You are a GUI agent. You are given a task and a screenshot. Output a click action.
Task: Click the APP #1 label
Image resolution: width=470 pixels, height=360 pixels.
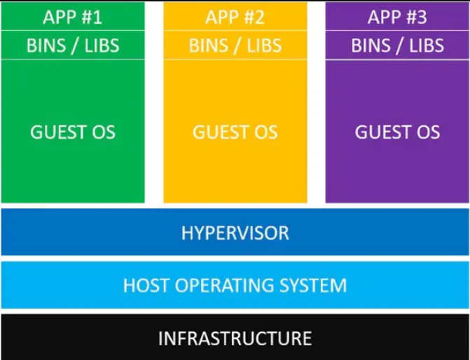click(73, 17)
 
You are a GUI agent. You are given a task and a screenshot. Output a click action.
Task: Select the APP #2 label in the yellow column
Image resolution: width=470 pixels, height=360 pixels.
click(235, 17)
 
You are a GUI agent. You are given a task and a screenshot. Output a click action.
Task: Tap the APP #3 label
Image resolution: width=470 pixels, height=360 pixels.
click(397, 17)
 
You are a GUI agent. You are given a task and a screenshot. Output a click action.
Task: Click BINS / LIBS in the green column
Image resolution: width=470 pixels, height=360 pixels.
click(73, 46)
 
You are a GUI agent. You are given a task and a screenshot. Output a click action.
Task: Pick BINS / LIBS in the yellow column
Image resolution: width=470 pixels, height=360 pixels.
click(235, 46)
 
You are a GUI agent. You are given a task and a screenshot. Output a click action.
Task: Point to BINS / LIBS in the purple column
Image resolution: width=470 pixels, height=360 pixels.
click(397, 46)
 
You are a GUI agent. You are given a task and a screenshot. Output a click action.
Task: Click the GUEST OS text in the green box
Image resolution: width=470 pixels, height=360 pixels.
click(73, 132)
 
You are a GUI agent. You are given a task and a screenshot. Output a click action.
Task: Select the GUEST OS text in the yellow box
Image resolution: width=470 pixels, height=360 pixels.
click(235, 132)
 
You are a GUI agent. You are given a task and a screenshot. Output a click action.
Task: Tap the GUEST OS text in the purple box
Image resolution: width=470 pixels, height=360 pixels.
click(397, 132)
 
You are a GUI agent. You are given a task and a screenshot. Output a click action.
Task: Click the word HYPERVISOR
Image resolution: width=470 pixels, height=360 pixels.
click(235, 233)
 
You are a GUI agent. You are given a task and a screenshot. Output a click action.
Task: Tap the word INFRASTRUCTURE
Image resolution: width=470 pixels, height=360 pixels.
click(235, 338)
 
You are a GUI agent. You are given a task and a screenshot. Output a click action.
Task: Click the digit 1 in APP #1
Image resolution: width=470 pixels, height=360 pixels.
click(98, 17)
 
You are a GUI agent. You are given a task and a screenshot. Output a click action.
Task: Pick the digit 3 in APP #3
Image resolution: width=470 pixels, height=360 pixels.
click(422, 17)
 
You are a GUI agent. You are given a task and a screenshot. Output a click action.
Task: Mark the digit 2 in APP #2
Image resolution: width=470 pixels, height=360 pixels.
click(260, 17)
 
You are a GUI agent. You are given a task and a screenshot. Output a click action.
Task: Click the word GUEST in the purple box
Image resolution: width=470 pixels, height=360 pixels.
click(378, 132)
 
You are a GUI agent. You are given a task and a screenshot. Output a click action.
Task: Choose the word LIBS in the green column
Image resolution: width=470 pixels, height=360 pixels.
click(102, 46)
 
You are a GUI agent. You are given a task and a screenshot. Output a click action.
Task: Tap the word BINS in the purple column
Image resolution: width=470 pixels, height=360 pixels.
click(371, 46)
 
